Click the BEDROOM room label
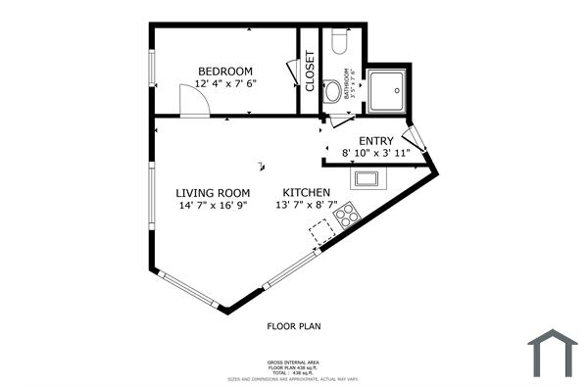[225, 71]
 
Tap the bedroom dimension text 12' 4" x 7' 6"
[225, 84]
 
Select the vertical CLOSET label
[310, 72]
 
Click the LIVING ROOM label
[213, 192]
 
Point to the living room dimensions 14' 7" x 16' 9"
[213, 206]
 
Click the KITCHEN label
[307, 192]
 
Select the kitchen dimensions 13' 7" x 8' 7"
[307, 206]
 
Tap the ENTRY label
[376, 141]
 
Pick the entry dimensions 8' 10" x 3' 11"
[382, 154]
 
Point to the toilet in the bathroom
[340, 41]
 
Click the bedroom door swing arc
[192, 102]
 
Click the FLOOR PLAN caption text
[294, 325]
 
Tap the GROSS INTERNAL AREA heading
[294, 362]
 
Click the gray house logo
[553, 352]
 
